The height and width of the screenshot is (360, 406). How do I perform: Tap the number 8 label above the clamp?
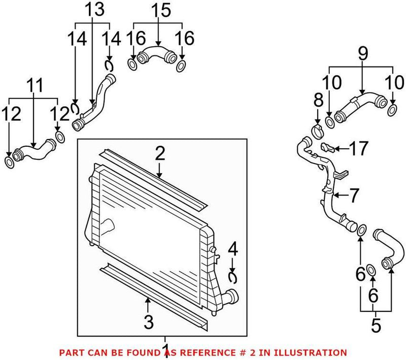click(318, 100)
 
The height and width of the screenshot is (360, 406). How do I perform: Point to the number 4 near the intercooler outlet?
click(232, 249)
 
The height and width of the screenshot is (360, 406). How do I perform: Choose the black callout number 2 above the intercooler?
click(160, 153)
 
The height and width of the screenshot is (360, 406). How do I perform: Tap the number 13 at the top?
click(92, 10)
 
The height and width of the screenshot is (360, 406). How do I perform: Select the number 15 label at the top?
click(158, 10)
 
